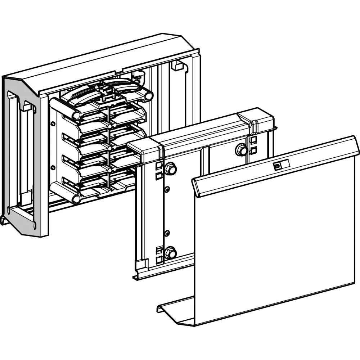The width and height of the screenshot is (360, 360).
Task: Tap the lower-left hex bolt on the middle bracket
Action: pos(170,252)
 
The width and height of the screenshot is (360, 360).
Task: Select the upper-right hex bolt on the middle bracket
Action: pos(241,149)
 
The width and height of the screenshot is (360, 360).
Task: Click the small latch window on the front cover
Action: pos(277,166)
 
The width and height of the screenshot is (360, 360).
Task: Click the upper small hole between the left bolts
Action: pos(166,189)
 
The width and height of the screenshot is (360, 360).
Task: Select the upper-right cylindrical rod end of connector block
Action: pos(148,96)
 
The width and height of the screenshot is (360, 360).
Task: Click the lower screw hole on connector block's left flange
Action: pos(53,168)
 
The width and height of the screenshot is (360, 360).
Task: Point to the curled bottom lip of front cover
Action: pos(169,308)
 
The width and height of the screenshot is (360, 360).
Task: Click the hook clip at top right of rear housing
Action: pos(176,66)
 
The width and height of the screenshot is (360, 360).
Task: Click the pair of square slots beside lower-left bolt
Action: pos(159,254)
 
